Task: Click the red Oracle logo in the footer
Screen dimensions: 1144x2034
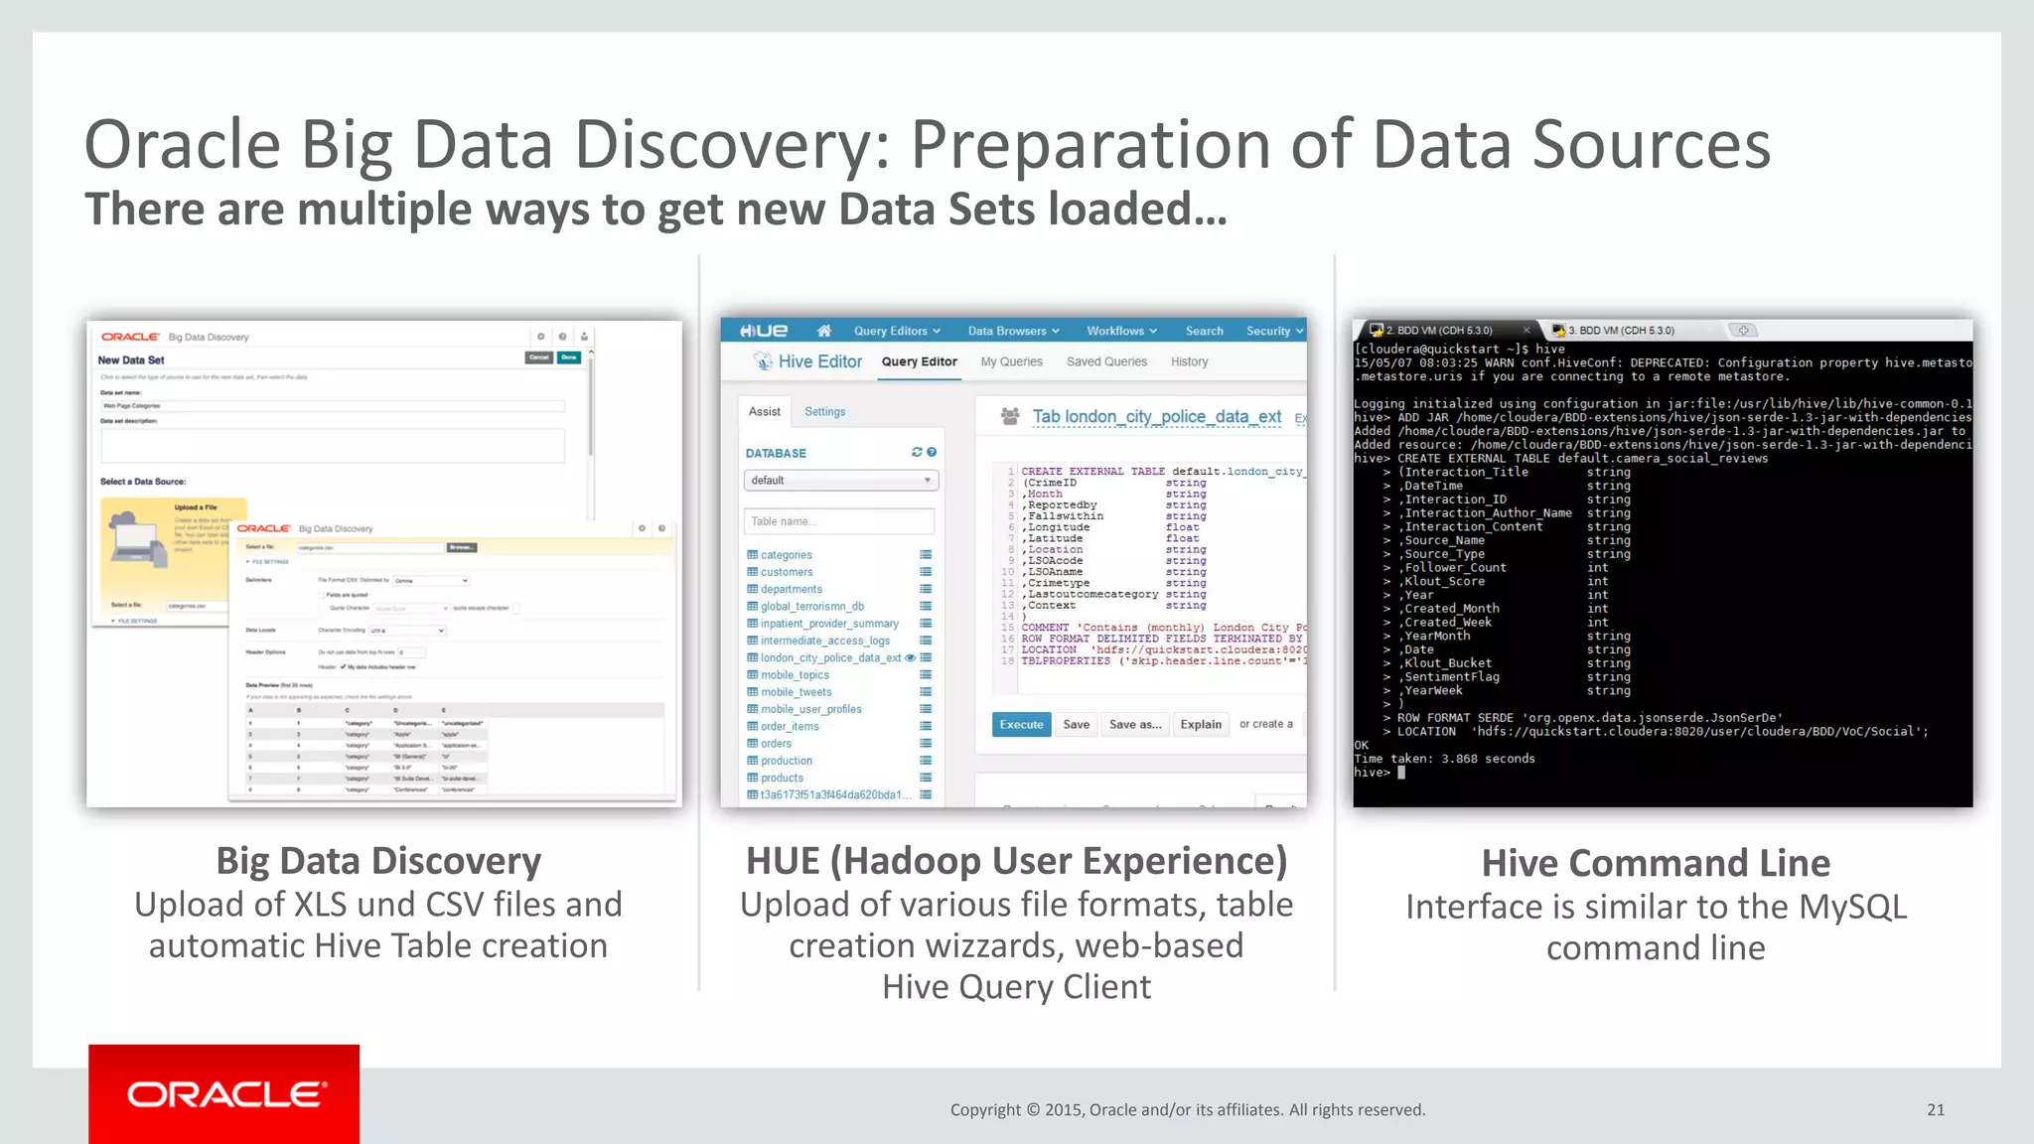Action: coord(223,1093)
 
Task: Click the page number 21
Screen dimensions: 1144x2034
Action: coord(1935,1109)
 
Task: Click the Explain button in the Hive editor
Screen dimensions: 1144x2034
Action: coord(1200,724)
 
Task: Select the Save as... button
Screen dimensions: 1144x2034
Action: coord(1134,724)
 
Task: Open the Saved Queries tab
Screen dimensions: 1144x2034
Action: coord(1105,361)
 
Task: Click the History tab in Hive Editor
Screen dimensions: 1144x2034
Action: coord(1189,361)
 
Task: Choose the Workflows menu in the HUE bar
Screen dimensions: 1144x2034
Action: coord(1120,331)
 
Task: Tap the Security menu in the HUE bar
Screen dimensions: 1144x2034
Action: coord(1273,331)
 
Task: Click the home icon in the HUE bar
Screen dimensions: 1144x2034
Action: coord(823,331)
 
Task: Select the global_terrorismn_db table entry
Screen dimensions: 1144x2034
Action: coord(811,606)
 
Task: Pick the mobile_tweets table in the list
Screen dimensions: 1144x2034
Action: coord(796,692)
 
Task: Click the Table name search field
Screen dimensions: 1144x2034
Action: coord(838,521)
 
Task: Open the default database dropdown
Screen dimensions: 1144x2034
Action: coord(840,481)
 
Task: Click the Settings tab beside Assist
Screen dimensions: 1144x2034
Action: coord(824,411)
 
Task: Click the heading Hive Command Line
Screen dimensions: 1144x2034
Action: coord(1655,863)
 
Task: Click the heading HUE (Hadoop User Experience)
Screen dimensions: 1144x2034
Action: coord(1016,860)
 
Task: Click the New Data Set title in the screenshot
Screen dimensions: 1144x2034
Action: coord(131,360)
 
